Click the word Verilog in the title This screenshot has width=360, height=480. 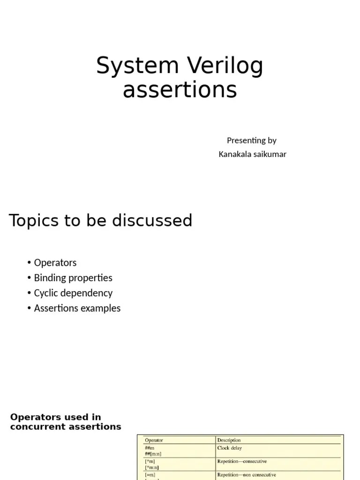225,67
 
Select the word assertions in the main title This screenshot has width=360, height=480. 180,90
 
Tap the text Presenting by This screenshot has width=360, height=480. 252,140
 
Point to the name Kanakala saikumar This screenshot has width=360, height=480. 252,154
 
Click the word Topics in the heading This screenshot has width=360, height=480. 35,220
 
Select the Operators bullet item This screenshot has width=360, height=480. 55,262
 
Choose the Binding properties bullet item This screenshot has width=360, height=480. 73,277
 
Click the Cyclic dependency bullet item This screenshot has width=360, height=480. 73,293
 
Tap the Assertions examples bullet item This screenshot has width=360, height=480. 77,308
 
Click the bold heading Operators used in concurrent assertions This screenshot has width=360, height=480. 66,422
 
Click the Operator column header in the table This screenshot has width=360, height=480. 154,440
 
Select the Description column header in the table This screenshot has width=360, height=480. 229,440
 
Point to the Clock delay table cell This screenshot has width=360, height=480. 230,448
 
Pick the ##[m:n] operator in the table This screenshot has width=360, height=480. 153,454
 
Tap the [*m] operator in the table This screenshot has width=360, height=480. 150,462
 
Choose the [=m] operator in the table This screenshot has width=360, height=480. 150,475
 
